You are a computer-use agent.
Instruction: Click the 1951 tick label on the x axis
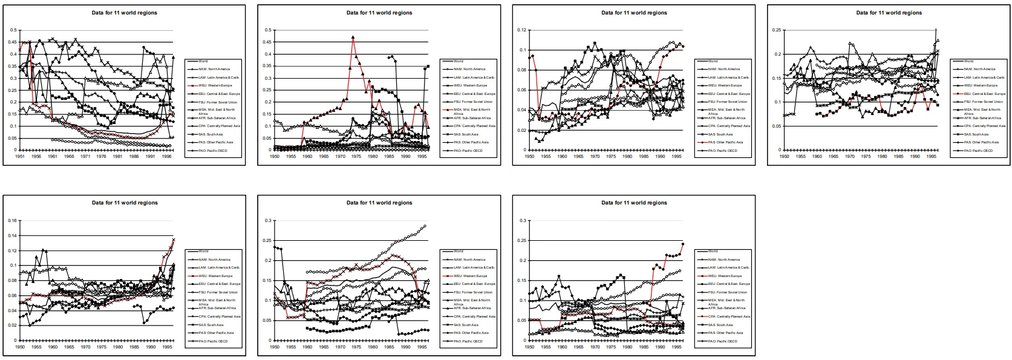pos(20,156)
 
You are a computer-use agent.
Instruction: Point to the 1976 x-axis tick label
pos(102,156)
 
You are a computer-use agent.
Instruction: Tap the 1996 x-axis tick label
pos(167,156)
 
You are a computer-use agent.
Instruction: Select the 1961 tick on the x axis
pos(53,156)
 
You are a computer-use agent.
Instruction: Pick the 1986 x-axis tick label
pos(134,156)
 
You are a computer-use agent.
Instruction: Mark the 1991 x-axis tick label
pos(151,156)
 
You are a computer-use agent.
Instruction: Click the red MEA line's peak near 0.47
pos(353,38)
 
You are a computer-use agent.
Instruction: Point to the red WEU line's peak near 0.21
pos(394,256)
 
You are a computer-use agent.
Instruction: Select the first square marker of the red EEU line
pos(817,114)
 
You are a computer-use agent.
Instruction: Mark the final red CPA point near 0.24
pos(683,244)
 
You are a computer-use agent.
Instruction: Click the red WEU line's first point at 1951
pos(20,50)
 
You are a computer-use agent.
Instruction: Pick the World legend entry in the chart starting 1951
pos(203,61)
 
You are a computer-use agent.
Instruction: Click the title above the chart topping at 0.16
pos(125,203)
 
